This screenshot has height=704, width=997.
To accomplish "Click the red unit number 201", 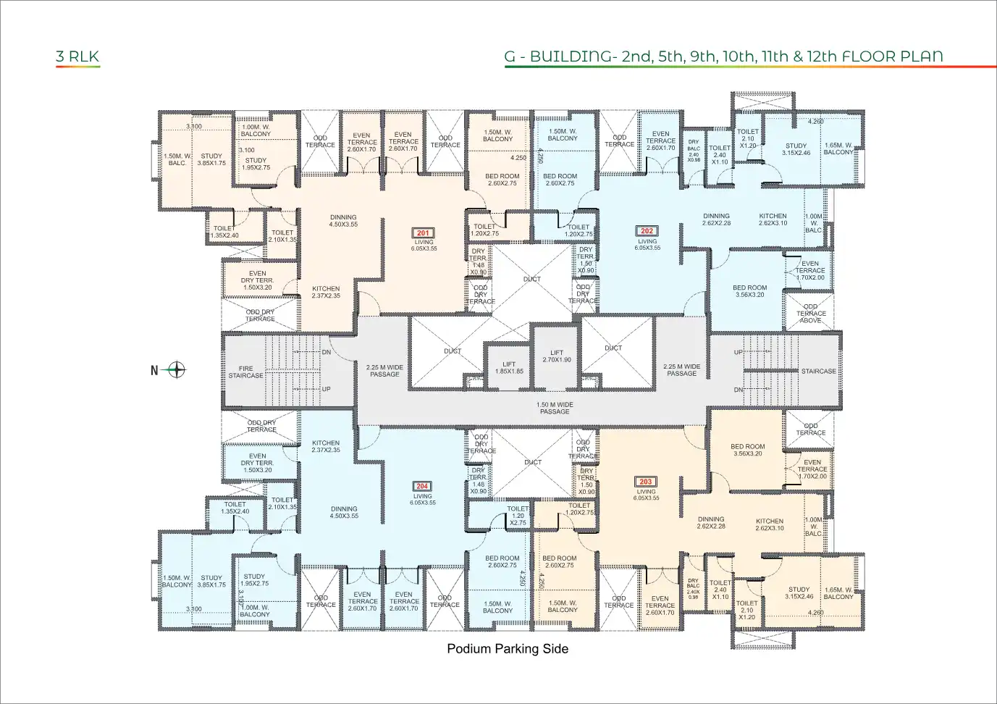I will pos(424,233).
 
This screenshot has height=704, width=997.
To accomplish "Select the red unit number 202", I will pos(647,231).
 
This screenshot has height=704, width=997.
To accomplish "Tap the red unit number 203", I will pos(645,482).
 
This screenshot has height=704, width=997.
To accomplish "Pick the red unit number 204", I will pos(422,487).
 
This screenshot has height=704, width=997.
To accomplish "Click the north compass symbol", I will pos(176,370).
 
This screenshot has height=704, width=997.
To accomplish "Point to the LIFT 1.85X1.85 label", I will pos(509,368).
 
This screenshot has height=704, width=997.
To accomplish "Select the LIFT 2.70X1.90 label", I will pos(556,356).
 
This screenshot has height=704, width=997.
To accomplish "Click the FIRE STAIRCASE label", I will pos(246,372).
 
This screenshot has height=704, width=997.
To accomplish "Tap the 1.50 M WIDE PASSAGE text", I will pos(555,408).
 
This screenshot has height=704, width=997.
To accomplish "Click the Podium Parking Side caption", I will pos(507,649).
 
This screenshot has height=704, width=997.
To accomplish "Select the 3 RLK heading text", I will pos(77,56).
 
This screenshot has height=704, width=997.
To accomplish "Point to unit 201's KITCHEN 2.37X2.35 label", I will pos(326,292).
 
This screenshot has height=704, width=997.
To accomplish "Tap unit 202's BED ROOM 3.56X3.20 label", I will pos(749,291).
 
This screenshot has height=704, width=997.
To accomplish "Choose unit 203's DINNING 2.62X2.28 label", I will pos(711,523).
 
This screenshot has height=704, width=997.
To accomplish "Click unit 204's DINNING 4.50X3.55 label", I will pos(344,512).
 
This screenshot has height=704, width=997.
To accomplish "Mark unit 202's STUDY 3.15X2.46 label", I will pos(796,149).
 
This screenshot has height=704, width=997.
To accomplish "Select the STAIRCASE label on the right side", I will pos(818,371).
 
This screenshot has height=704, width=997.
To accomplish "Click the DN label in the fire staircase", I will pos(326,352).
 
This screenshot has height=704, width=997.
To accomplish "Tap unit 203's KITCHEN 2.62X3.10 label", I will pos(770,524).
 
